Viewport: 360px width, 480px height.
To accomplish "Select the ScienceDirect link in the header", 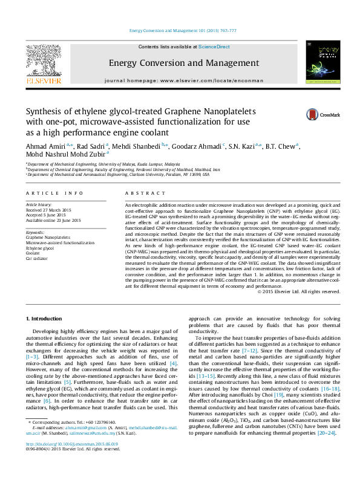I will (x=214, y=47).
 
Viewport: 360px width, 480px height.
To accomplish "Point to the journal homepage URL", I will (x=184, y=80).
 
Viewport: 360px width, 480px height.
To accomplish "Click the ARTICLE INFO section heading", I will (x=54, y=193).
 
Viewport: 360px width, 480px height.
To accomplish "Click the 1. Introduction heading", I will (x=45, y=318).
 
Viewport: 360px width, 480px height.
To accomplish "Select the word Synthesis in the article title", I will (x=43, y=112).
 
